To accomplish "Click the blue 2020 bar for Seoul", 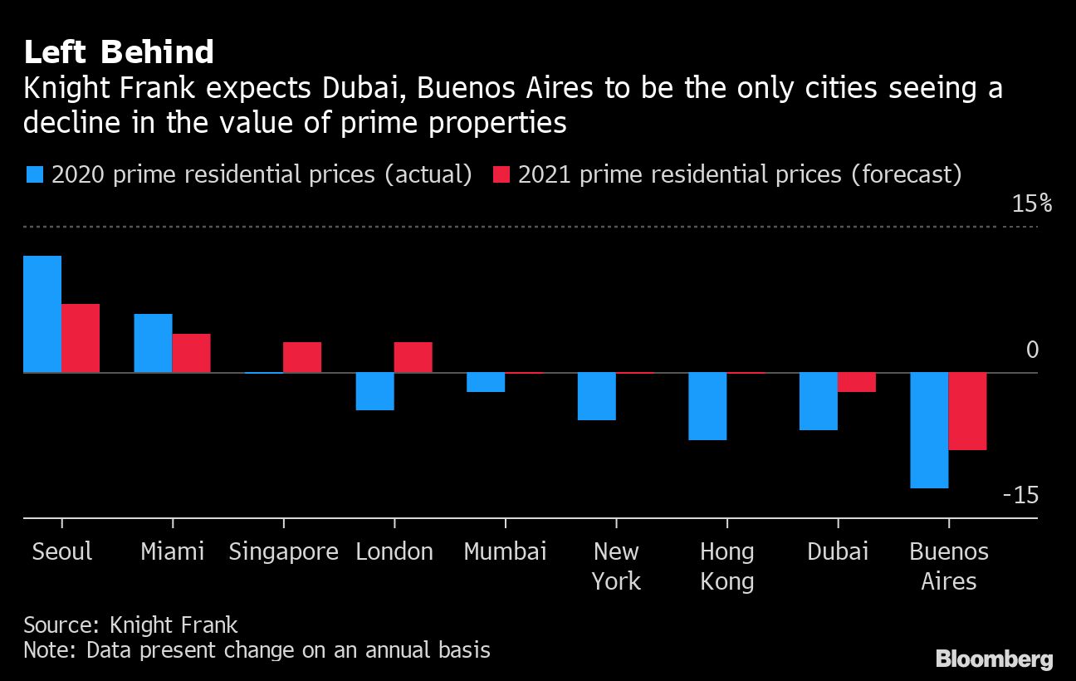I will [x=42, y=314].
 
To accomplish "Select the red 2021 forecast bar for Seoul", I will [x=81, y=338].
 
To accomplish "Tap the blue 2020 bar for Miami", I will [x=153, y=343].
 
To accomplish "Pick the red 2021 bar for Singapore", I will [x=302, y=357].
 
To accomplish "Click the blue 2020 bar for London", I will [x=374, y=391].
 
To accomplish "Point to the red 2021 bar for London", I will [x=413, y=357].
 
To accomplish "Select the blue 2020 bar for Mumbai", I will [x=486, y=382].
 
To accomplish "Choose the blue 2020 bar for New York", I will [x=597, y=396].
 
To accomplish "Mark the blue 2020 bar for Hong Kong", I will [x=707, y=406].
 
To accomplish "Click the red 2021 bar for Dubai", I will [x=857, y=382].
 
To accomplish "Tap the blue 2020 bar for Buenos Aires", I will [x=929, y=430].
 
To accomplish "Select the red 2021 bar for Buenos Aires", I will [x=968, y=411].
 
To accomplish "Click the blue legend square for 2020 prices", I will [x=34, y=174].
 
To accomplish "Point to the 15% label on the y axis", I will [x=1031, y=203].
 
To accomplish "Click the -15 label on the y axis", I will [x=1020, y=496].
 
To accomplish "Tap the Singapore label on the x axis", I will [x=283, y=551].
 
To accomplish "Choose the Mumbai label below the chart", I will [x=505, y=551].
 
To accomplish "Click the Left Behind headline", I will [x=119, y=52].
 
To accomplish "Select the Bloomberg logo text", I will [x=994, y=659].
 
